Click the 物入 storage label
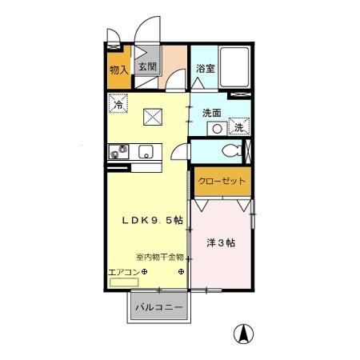pyautogui.click(x=118, y=70)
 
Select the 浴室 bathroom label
pyautogui.click(x=205, y=70)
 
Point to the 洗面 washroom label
pyautogui.click(x=211, y=113)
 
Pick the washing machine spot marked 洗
pyautogui.click(x=240, y=127)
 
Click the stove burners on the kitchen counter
pyautogui.click(x=118, y=150)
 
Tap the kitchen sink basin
pyautogui.click(x=146, y=150)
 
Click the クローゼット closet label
pyautogui.click(x=220, y=181)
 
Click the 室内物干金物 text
pyautogui.click(x=159, y=258)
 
